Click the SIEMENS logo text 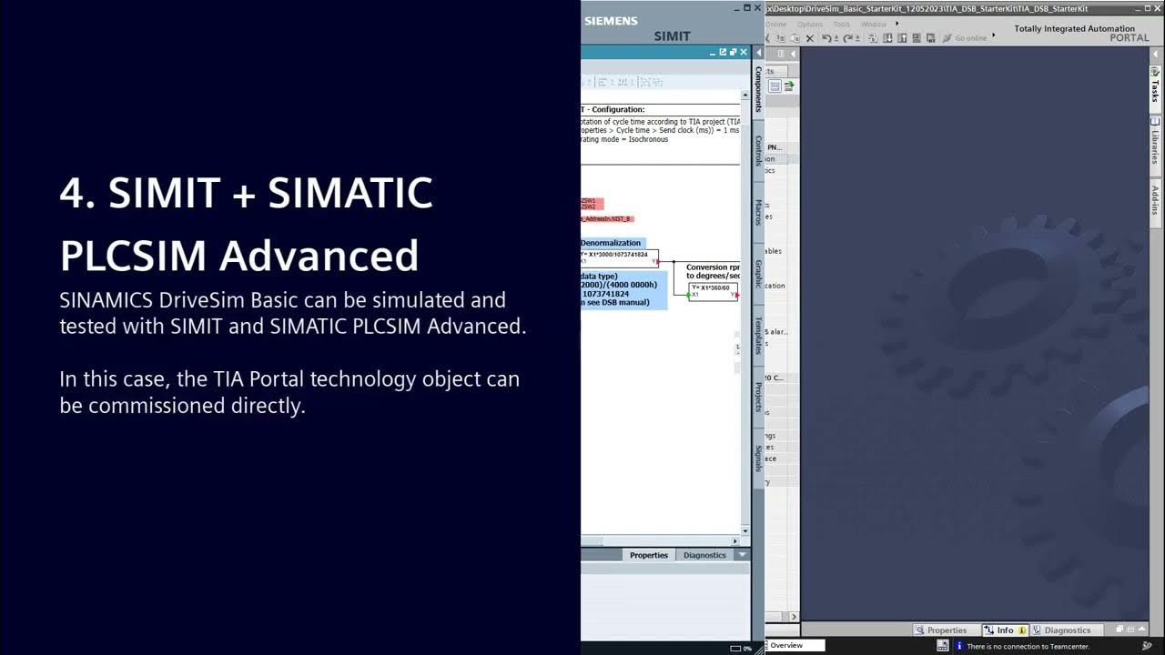click(611, 21)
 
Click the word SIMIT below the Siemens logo click(672, 36)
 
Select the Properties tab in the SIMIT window click(648, 555)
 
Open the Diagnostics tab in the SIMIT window click(704, 555)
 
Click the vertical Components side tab click(758, 89)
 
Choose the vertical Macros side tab click(758, 213)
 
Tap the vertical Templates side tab click(758, 335)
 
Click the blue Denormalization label click(612, 243)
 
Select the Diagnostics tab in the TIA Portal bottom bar click(1067, 630)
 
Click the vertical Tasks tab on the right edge click(1155, 86)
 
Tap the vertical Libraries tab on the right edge click(1155, 144)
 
